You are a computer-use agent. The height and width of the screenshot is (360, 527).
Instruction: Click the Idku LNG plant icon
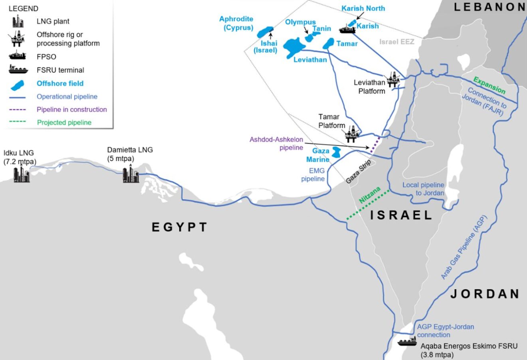coord(22,174)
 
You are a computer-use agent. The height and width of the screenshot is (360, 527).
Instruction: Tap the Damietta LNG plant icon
coord(131,174)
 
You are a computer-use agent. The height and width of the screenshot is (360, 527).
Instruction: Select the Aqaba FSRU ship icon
coord(407,342)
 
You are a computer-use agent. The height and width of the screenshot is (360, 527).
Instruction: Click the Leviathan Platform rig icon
coord(393,80)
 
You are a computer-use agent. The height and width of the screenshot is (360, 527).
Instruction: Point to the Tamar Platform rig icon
coord(352,134)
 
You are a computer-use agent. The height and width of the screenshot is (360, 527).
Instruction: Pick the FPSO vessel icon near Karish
coord(348,29)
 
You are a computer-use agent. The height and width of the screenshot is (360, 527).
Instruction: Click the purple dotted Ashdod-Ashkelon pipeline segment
coord(374,144)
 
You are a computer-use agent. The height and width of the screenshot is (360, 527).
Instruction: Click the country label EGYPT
coord(180,227)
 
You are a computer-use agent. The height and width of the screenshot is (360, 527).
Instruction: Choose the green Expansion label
coord(489,85)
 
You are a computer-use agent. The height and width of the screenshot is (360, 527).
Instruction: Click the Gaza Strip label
coord(359,172)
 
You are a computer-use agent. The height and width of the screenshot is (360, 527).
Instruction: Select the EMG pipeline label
coord(313,175)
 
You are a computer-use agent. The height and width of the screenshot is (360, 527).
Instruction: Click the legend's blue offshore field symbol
coord(18,84)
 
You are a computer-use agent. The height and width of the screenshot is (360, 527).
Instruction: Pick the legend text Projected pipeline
coord(64,123)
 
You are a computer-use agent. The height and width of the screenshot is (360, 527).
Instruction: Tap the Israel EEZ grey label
coord(396,42)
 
